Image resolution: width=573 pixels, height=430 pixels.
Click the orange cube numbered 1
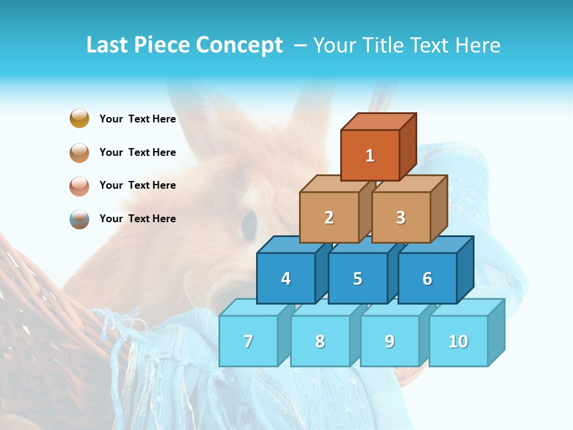[370, 155]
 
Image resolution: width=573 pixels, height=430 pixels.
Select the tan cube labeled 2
[329, 217]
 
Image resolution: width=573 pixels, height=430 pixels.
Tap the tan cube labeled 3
[401, 217]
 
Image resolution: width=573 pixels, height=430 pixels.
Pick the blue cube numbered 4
[286, 278]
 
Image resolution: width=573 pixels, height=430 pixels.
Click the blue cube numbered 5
[358, 278]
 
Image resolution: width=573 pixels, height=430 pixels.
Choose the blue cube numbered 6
[427, 278]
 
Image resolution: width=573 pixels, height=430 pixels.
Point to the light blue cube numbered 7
[248, 341]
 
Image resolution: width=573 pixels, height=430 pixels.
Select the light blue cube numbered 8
[320, 341]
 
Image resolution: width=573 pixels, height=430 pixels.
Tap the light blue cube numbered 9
[389, 341]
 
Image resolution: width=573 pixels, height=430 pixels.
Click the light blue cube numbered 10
[458, 341]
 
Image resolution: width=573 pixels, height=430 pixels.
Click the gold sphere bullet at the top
[79, 118]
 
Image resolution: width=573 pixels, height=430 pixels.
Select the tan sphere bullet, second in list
[79, 152]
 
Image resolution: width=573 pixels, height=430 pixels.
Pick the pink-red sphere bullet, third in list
[79, 186]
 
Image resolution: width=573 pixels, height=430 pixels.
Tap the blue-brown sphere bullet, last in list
[79, 219]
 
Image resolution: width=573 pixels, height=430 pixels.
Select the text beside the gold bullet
[137, 119]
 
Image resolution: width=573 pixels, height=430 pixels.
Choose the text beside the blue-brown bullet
[137, 219]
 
